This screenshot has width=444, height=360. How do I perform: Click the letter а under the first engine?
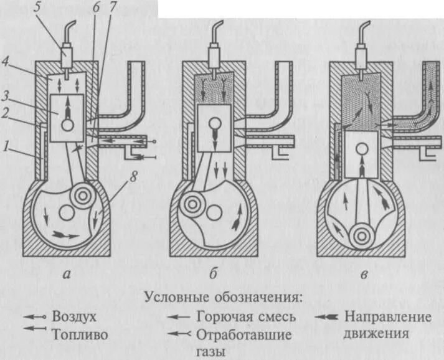[x=67, y=275]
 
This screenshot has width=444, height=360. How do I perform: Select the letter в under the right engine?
[x=362, y=275]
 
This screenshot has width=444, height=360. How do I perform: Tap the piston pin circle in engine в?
[x=362, y=148]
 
